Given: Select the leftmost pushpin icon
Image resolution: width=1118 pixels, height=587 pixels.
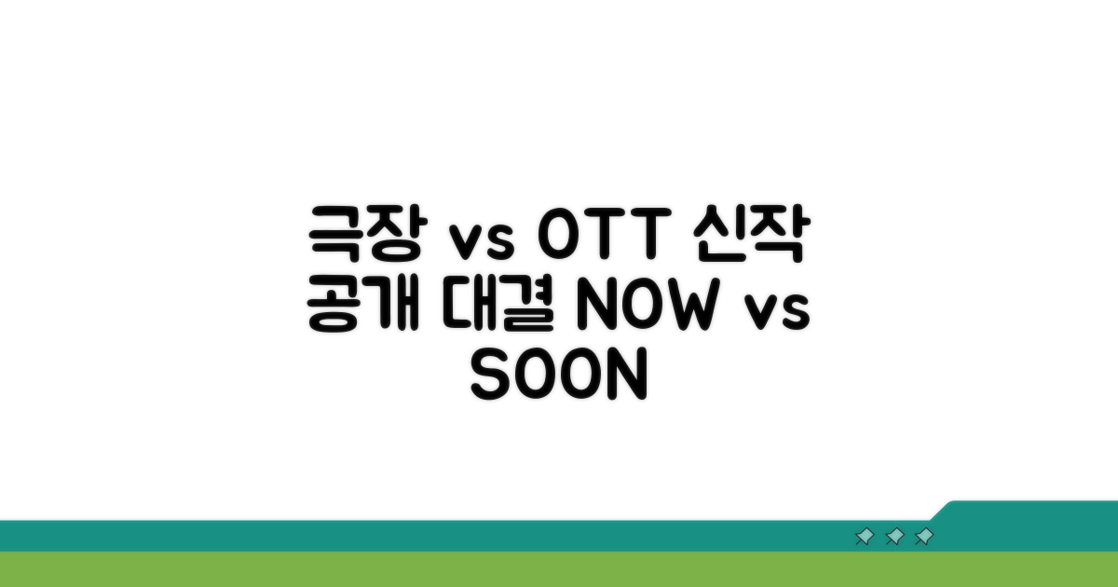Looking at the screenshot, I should pos(865,537).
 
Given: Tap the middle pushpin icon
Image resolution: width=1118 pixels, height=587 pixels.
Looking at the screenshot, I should pos(894,537).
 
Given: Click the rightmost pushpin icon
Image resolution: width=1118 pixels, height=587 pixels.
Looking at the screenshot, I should pos(924,537).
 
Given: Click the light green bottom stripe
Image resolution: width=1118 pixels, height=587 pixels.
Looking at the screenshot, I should pos(559,569).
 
